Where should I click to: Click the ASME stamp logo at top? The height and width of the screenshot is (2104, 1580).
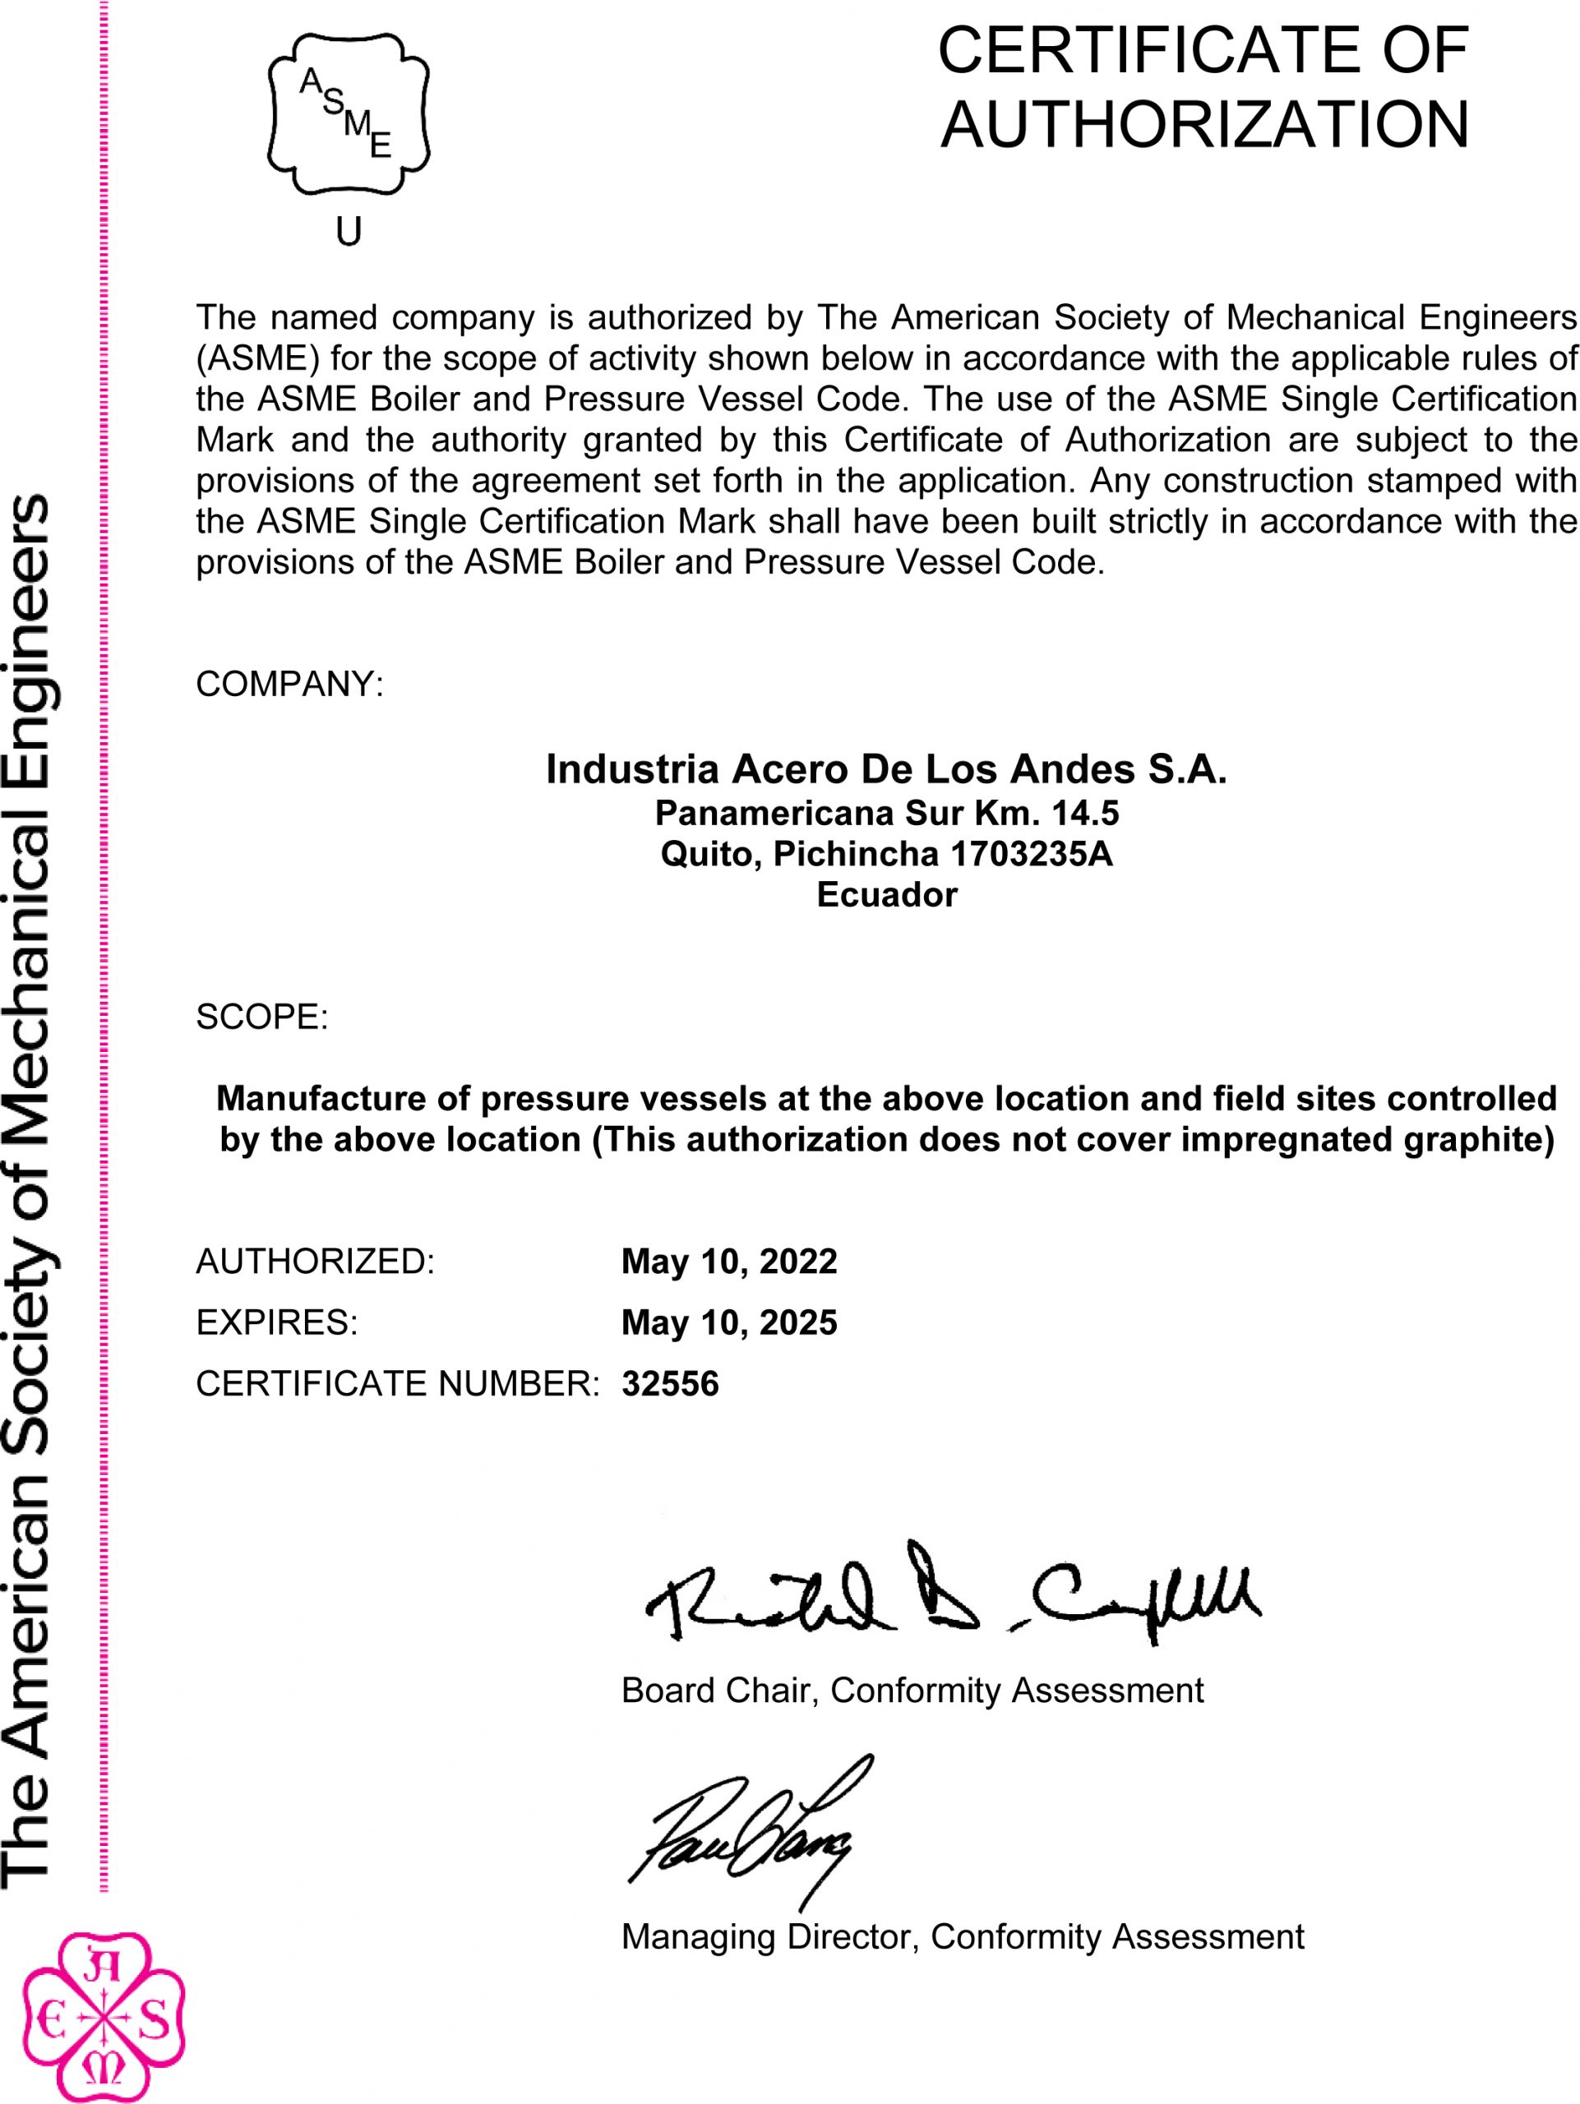[x=349, y=114]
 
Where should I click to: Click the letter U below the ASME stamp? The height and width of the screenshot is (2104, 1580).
[x=349, y=231]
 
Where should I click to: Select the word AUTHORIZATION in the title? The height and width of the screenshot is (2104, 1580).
[x=1204, y=125]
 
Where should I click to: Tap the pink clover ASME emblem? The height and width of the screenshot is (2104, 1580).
[x=103, y=2019]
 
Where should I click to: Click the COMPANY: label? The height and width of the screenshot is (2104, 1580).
[x=289, y=684]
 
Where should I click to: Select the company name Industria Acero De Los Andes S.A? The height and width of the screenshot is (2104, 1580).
[x=885, y=769]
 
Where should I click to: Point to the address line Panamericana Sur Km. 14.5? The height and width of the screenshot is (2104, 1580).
[x=885, y=814]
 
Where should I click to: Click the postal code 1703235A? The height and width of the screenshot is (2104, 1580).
[x=1031, y=854]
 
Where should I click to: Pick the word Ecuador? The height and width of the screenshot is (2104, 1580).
[x=885, y=895]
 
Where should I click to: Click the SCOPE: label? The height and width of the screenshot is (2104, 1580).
[x=261, y=1017]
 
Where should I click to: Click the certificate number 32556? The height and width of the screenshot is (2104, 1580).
[x=670, y=1383]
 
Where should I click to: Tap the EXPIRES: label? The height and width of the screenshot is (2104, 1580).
[x=277, y=1322]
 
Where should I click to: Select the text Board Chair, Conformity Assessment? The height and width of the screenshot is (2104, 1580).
[x=912, y=1691]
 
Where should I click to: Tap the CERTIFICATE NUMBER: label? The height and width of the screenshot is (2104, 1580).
[x=397, y=1383]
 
